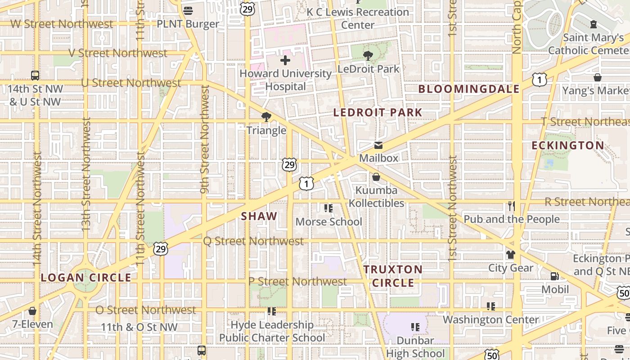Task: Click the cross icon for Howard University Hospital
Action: coord(285,60)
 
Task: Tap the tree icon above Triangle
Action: coord(266,117)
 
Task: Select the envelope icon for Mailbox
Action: coord(378,145)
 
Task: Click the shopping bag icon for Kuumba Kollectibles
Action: coord(376,177)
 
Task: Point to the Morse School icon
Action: coord(328,208)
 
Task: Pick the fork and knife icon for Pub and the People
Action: coord(511,206)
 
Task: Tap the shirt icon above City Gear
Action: coord(510,255)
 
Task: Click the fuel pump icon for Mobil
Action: coord(554,276)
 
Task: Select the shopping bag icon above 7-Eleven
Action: coord(32,311)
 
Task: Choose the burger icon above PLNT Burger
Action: coord(188,10)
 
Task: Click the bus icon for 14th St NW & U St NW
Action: coord(35,76)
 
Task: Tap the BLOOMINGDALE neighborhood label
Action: coord(469,89)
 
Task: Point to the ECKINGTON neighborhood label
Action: coord(567,145)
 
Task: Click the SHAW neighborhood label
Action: coord(259,216)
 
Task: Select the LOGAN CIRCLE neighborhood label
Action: coord(86,278)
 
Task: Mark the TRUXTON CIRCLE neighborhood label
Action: coord(393,276)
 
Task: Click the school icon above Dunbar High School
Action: coord(415,327)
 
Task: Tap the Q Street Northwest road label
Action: coord(253,241)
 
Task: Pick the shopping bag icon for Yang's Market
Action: coord(598,77)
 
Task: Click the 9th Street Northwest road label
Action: coord(205,139)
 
